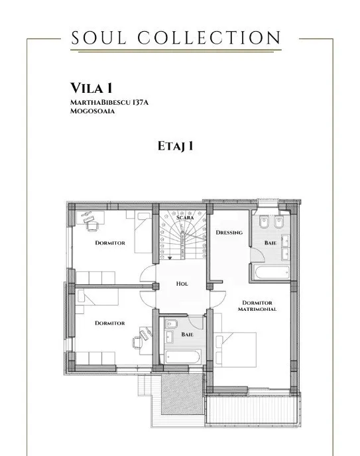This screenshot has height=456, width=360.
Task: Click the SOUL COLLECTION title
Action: point(176,38)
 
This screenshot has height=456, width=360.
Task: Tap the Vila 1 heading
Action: point(91,88)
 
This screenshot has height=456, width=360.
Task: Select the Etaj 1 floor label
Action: point(175,146)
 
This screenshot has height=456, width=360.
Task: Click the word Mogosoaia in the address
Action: point(92,111)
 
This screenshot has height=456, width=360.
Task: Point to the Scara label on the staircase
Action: point(185,217)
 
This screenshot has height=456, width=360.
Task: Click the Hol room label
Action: point(182,284)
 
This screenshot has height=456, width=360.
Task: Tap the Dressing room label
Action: point(229,233)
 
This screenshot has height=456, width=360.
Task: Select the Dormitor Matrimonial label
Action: point(257,306)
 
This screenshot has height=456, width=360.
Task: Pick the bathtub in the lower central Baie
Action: point(183,357)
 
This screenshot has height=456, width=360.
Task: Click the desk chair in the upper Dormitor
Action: point(92,225)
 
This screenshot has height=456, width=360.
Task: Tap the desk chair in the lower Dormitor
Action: point(137,342)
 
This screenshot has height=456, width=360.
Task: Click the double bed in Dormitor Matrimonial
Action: point(235,349)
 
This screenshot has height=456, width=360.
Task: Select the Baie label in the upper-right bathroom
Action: point(270,243)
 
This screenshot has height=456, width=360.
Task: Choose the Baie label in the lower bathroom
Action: point(187,335)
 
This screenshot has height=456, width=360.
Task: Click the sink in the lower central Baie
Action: point(169,337)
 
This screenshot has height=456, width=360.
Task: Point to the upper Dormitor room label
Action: point(110,243)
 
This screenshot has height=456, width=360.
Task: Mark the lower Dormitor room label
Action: point(110,323)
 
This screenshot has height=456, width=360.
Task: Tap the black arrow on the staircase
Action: point(170,258)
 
